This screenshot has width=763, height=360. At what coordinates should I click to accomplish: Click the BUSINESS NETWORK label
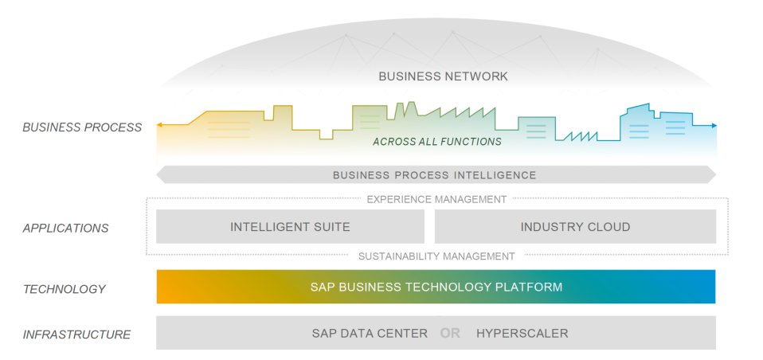[443, 76]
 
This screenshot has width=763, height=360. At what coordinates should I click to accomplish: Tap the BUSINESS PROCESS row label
[82, 127]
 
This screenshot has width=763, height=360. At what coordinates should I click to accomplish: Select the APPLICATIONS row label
[65, 228]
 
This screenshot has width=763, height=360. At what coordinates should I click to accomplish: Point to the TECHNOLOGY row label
[64, 289]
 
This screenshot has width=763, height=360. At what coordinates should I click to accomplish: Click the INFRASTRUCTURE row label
[76, 335]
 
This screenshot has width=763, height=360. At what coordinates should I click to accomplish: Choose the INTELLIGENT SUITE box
[290, 227]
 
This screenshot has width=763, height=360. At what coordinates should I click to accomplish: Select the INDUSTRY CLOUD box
[575, 227]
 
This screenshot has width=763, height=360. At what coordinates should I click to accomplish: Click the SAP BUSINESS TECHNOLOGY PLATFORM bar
[436, 287]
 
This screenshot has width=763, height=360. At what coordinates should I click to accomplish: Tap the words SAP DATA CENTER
[370, 333]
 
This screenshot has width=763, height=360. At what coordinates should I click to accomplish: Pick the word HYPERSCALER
[522, 333]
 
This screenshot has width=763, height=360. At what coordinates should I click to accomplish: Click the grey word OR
[450, 333]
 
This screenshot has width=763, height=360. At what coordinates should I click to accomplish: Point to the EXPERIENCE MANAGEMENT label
[436, 199]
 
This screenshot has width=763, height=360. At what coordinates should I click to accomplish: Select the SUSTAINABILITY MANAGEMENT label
[436, 256]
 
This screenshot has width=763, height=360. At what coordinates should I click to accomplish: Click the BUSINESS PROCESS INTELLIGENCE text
[434, 175]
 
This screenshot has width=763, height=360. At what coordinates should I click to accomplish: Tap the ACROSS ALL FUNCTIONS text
[437, 142]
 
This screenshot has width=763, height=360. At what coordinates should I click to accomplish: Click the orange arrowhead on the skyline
[160, 125]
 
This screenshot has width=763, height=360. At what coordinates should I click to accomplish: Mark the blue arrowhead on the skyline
[714, 126]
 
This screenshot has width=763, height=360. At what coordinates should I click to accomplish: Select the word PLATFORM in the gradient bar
[533, 287]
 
